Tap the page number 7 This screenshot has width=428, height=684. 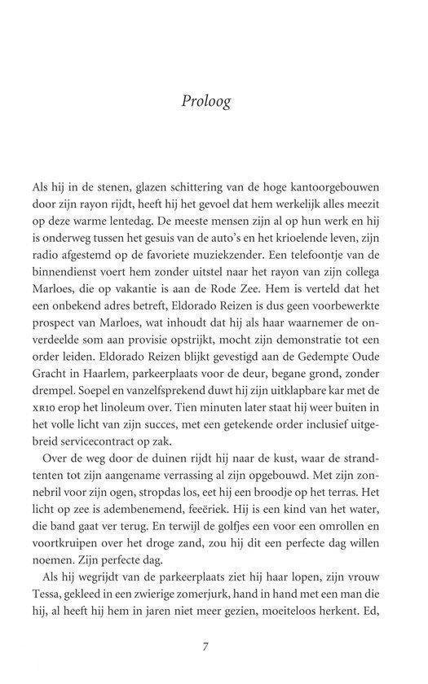pos(207,647)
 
